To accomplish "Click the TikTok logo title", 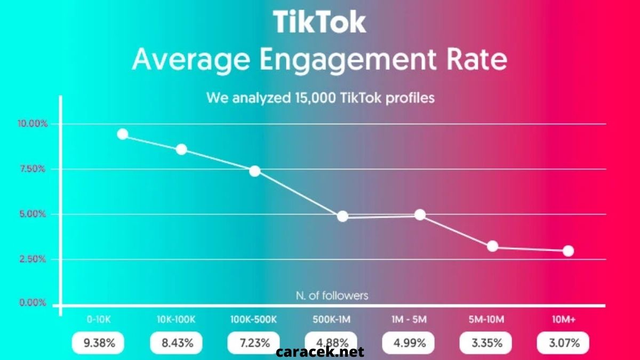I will pos(319,22).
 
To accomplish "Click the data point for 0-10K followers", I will pos(123,134).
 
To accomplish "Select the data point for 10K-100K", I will pos(181,149).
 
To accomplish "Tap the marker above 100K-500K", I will pos(255,171).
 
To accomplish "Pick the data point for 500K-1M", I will pos(342,216).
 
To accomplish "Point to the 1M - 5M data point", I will pos(420,214).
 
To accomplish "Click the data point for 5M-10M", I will pos(492,246).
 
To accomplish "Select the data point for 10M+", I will pos(568,251).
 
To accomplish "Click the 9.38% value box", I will pos(99,342).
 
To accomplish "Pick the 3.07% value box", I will pos(563,342).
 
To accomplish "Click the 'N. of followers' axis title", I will pos(332,295).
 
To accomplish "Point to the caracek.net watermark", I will pos(320,352).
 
